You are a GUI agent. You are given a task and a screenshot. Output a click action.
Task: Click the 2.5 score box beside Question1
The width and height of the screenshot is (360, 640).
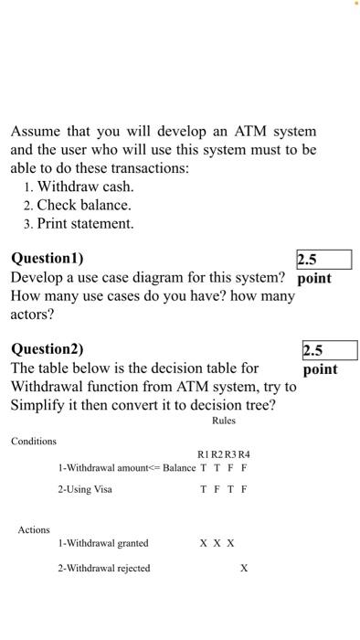(323, 260)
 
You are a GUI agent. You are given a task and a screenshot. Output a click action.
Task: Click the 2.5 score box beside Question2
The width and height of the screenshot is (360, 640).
(329, 350)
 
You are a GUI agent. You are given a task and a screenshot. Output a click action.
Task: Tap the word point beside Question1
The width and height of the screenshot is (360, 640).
(314, 278)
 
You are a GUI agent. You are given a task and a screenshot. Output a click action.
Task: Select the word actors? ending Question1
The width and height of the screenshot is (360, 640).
(33, 315)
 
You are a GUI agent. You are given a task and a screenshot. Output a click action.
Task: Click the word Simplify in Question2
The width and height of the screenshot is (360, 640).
(40, 405)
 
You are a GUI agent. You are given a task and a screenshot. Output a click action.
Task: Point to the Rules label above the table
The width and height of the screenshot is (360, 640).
(223, 421)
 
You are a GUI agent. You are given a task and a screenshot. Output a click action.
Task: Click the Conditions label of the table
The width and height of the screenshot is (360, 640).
(34, 442)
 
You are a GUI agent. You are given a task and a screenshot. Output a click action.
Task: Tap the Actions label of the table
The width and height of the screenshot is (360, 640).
(34, 529)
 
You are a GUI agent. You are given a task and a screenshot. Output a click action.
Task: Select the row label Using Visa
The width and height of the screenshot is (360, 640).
(85, 489)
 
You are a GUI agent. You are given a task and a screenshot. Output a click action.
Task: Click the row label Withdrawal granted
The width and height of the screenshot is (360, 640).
(103, 543)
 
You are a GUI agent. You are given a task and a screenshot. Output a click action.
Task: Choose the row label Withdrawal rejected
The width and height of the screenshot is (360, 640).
(104, 568)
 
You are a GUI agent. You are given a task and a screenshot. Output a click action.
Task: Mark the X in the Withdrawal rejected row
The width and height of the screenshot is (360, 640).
(244, 568)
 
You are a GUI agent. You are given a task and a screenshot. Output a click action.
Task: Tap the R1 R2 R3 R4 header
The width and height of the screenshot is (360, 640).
(224, 454)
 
